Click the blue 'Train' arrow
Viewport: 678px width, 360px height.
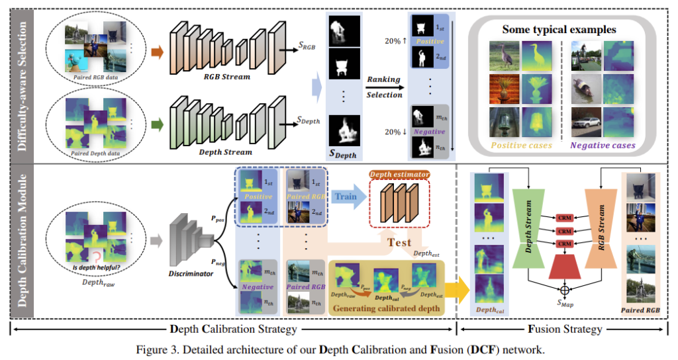(x=346, y=197)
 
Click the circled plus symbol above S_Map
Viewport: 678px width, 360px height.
(x=565, y=290)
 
